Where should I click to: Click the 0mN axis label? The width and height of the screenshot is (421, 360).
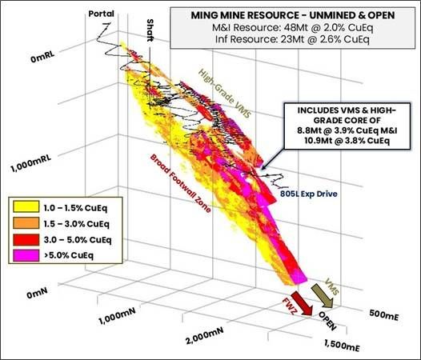tap(42, 295)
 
